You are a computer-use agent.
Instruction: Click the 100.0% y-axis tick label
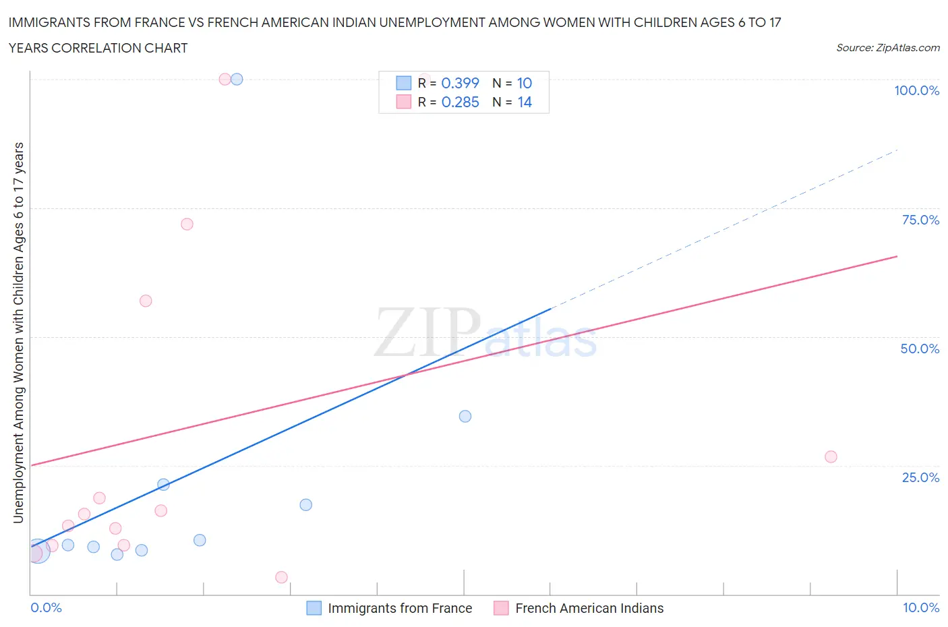916,91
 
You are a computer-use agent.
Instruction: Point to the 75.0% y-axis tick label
920,220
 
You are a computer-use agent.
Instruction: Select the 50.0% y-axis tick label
920,349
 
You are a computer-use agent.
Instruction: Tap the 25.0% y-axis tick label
920,478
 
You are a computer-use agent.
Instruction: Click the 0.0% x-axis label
47,608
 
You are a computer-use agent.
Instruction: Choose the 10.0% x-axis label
920,608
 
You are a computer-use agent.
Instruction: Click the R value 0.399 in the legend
460,84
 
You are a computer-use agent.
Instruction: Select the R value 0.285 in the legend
460,102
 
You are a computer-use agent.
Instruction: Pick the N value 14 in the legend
525,102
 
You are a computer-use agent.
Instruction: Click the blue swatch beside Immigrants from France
314,608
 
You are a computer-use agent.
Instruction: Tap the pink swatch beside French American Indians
501,608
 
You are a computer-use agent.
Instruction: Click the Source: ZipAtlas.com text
887,48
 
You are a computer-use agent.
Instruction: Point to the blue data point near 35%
465,417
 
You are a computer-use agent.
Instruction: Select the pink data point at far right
831,457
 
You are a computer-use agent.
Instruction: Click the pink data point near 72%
187,225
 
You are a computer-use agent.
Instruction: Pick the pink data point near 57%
146,301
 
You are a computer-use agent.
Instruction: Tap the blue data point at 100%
237,80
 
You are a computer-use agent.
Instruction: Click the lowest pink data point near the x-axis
281,578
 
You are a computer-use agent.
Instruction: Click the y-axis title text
19,333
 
